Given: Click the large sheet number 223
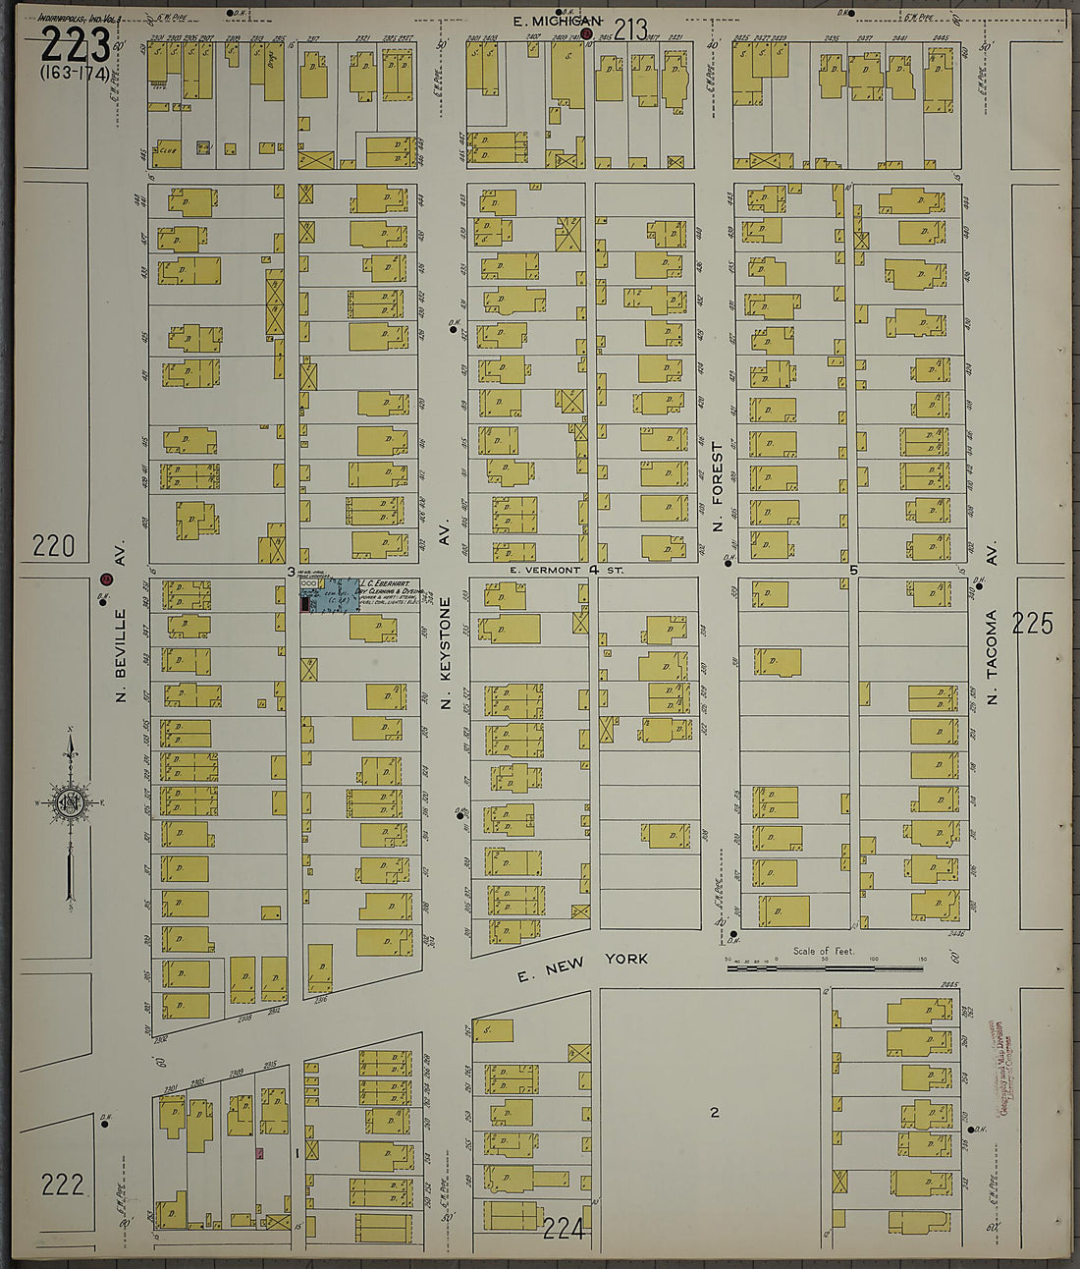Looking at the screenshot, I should point(75,44).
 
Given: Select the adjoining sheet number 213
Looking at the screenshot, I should point(630,29).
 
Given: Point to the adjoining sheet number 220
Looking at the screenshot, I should point(53,546).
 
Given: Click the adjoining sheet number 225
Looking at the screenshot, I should point(1032,623).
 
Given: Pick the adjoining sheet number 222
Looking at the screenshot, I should point(62,1185).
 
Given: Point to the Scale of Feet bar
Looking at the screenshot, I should point(825,968).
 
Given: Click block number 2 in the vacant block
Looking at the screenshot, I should point(715,1112).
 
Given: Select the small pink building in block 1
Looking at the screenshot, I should point(260,1152).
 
